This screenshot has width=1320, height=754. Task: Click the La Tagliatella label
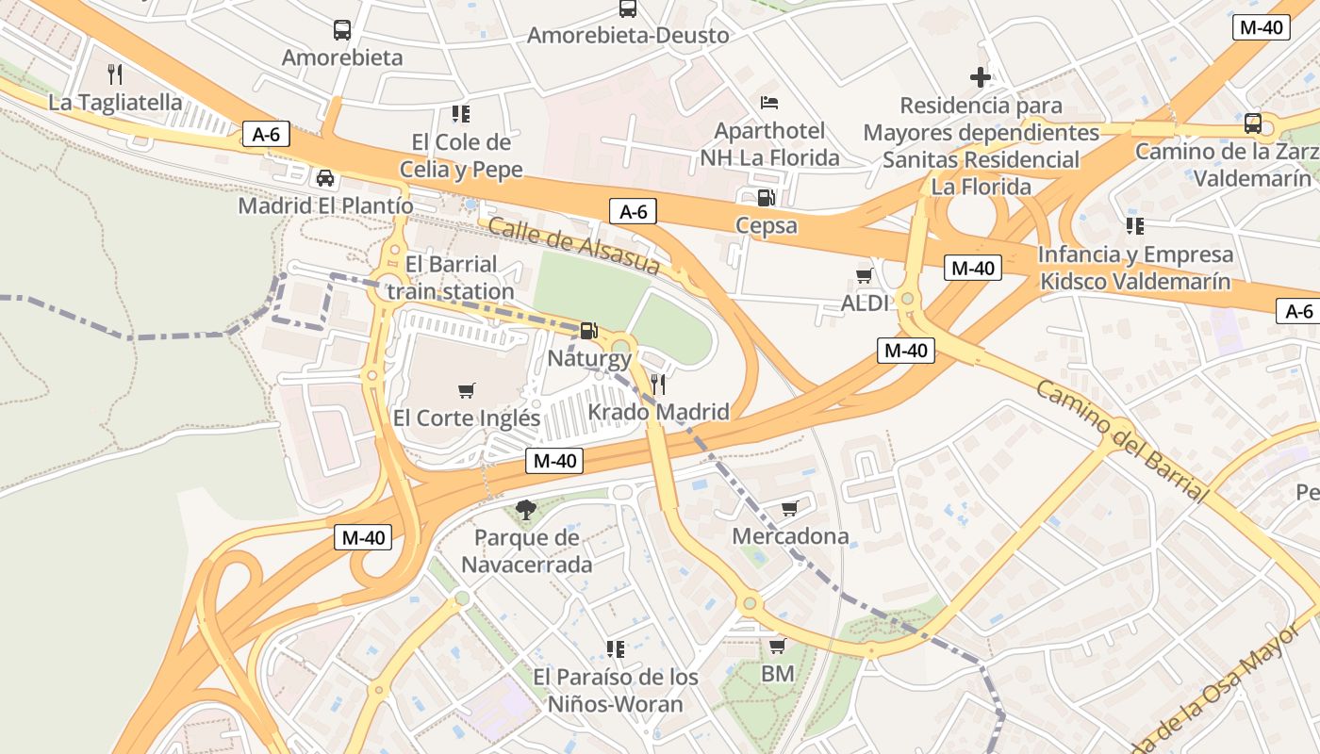[115, 102]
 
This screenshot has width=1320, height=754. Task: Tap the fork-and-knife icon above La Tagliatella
[115, 74]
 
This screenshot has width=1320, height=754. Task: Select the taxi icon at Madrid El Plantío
[325, 177]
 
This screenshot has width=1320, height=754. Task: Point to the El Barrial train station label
[451, 277]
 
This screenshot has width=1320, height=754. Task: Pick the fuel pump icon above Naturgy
[588, 330]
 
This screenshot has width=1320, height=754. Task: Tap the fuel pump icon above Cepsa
[767, 198]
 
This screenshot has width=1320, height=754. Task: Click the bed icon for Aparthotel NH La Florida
[769, 102]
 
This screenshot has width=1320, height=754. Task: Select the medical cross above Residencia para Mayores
[981, 77]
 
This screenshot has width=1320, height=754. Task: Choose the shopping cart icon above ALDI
[864, 276]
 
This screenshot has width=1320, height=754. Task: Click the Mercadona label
[790, 536]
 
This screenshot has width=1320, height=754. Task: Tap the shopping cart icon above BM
[777, 647]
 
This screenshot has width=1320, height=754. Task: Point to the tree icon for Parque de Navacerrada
[526, 510]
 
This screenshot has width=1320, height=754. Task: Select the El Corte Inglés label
[467, 418]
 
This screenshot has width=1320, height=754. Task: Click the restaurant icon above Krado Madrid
[658, 384]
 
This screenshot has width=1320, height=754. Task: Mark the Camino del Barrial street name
[1121, 441]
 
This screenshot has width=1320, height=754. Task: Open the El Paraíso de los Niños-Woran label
[616, 690]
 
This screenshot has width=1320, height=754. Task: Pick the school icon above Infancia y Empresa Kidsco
[1135, 226]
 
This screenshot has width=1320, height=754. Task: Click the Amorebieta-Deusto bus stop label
[628, 36]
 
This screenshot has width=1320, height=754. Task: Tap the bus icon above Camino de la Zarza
[1252, 123]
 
